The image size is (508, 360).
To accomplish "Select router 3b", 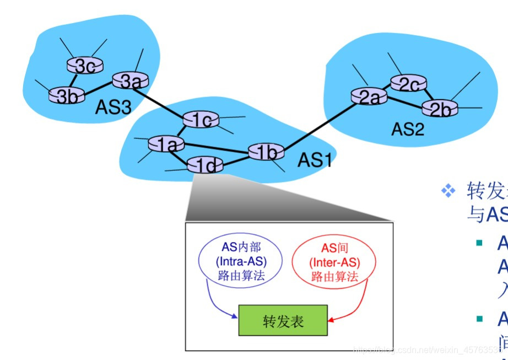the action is pyautogui.click(x=67, y=96).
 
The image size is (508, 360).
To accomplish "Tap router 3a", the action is pyautogui.click(x=131, y=81).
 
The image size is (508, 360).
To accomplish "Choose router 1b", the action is pyautogui.click(x=266, y=152).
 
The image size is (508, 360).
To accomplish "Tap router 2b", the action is pyautogui.click(x=440, y=108).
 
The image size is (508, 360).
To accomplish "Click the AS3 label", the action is pyautogui.click(x=114, y=106).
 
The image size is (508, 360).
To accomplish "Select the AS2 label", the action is pyautogui.click(x=408, y=130).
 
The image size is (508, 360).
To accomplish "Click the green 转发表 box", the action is pyautogui.click(x=283, y=320).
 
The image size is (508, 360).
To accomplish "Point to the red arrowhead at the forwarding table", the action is pyautogui.click(x=331, y=319).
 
